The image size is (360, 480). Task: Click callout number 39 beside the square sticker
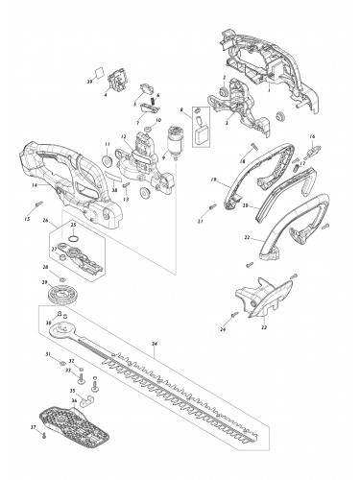point(91,84)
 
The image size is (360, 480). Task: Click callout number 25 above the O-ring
point(73,225)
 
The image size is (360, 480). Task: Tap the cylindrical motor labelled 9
point(176,141)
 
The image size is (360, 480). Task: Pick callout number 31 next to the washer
point(48,354)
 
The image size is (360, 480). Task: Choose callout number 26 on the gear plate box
point(44,220)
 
